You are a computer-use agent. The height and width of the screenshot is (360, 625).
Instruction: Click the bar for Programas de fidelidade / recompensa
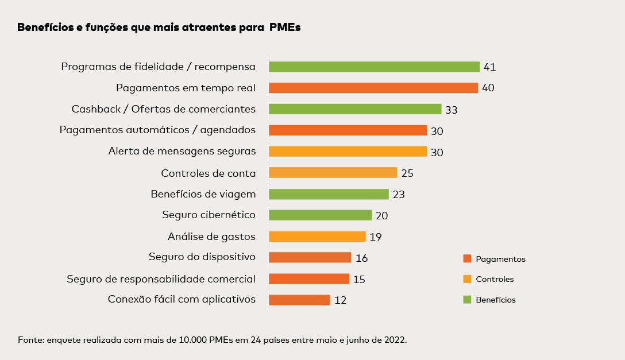coord(374,67)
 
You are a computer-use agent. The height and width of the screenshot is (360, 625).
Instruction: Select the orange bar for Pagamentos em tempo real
coord(373,88)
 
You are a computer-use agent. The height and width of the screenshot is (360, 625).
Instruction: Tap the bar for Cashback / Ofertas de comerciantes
coord(355,109)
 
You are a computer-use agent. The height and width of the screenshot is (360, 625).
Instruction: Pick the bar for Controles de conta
coord(333,173)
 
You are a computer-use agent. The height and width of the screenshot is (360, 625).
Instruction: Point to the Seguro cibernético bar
coord(320,215)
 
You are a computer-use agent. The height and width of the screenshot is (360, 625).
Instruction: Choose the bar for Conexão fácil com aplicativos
coord(299,300)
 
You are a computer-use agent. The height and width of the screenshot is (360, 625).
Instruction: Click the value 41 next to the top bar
coord(489,67)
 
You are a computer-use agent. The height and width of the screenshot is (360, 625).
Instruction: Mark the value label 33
coord(451,110)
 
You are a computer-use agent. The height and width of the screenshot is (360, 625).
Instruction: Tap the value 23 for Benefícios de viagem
coord(399,195)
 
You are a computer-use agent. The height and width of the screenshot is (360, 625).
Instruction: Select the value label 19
coord(376,237)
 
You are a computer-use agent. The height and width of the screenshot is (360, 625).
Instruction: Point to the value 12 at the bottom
coord(340,300)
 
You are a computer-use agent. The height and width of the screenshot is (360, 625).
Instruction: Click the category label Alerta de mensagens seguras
coord(182,152)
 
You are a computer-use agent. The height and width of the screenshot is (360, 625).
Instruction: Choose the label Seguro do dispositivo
coord(202,257)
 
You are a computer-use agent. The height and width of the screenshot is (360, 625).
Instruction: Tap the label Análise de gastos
coord(211,236)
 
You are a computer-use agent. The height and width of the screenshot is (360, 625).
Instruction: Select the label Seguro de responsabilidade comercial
coord(161,278)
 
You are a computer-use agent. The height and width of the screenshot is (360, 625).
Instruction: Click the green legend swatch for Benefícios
coord(466,299)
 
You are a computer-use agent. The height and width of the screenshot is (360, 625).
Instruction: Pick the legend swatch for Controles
coord(466,279)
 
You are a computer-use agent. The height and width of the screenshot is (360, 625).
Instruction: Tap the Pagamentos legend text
coord(500,259)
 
